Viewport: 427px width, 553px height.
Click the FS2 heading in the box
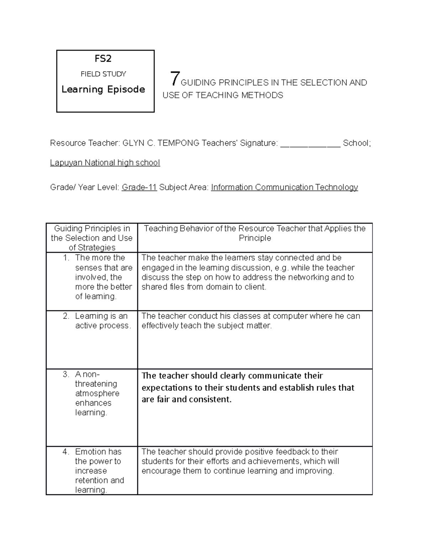point(103,58)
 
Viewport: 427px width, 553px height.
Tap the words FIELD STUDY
point(103,74)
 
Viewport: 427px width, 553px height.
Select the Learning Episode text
point(103,89)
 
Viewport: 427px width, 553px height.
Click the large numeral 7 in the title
point(174,79)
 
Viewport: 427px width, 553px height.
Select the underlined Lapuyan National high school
point(105,163)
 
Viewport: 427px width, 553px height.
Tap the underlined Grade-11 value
point(139,187)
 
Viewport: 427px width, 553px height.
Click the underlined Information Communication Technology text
point(284,187)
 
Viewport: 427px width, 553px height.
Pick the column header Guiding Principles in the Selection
point(92,238)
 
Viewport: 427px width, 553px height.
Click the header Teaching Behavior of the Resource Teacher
point(255,233)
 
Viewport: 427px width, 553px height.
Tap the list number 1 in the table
point(66,258)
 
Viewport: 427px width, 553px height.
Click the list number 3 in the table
point(66,374)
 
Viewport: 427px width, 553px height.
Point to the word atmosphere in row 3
point(97,393)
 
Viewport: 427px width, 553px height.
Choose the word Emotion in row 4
point(98,452)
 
